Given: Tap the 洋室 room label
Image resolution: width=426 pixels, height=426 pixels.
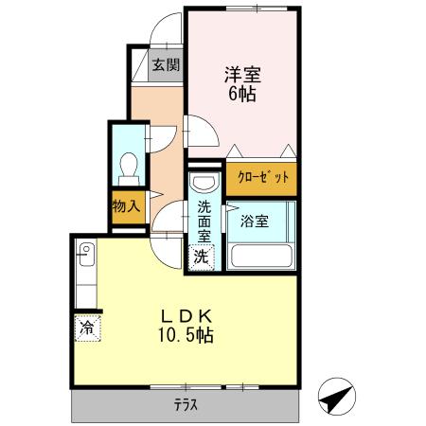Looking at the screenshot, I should click(x=240, y=72).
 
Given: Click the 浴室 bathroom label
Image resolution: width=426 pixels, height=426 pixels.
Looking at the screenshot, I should click(x=254, y=222).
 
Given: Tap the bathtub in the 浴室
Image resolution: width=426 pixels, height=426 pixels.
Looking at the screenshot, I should click(x=262, y=255).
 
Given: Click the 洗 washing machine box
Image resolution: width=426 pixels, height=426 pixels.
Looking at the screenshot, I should click(x=202, y=255).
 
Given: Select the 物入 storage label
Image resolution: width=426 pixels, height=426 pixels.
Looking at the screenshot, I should click(x=126, y=205).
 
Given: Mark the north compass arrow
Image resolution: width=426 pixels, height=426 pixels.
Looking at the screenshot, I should click(x=336, y=398).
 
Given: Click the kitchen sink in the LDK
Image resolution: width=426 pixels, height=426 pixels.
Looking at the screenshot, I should click(x=84, y=254).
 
